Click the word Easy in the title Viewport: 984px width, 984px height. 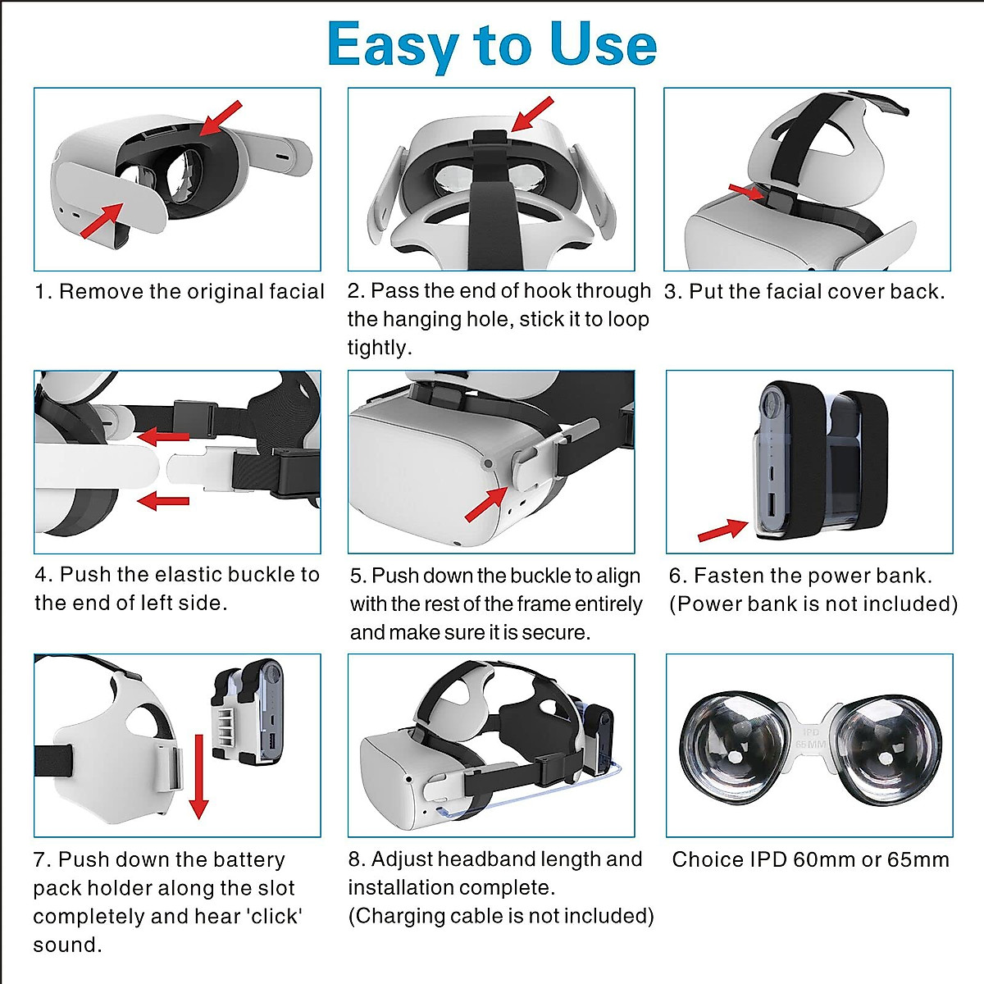[392, 45]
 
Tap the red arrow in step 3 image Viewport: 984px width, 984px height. [745, 192]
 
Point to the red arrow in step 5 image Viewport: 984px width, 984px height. [485, 503]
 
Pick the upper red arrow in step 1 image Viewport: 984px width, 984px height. [221, 118]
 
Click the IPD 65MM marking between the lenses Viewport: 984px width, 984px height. [810, 737]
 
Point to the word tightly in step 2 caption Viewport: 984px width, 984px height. [378, 348]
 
